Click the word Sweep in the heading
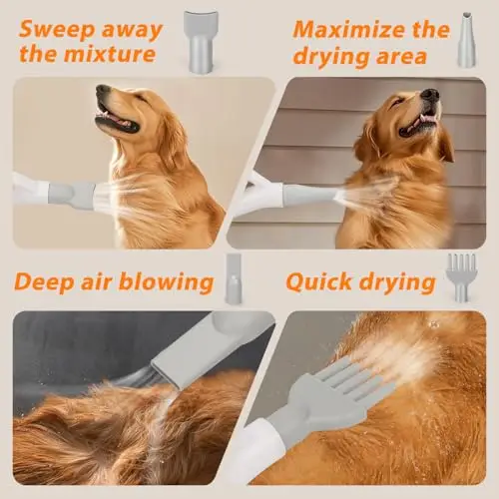click(x=57, y=31)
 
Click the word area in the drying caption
click(x=401, y=56)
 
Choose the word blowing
click(x=166, y=282)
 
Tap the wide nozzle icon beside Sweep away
click(x=201, y=41)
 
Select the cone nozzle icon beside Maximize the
click(x=467, y=40)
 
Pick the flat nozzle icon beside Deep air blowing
click(x=234, y=278)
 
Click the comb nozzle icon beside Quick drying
click(x=462, y=277)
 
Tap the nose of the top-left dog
click(x=102, y=90)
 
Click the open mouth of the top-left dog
click(x=117, y=120)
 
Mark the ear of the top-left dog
click(x=174, y=140)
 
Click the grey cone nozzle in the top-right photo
click(x=310, y=196)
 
